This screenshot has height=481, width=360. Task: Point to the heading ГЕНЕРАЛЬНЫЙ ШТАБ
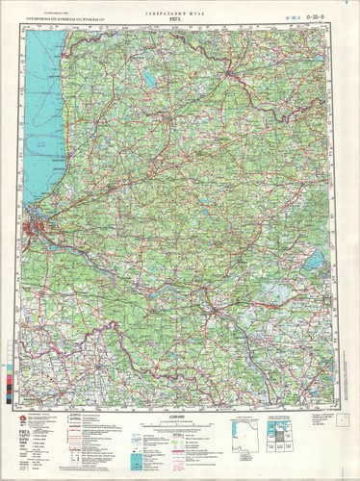(x=181, y=11)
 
